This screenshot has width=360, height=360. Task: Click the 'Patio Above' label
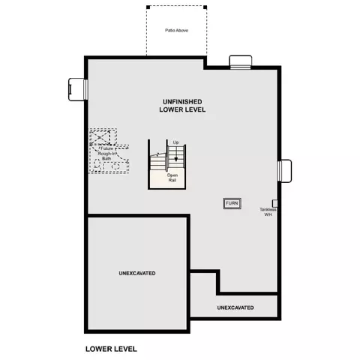(x=176, y=31)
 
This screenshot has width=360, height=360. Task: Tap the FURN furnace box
(x=232, y=203)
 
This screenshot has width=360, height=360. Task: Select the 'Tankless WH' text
(x=268, y=212)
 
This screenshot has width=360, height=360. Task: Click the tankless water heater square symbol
(x=274, y=203)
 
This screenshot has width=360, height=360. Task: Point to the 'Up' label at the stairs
(x=176, y=142)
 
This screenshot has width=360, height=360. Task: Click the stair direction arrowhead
(x=176, y=159)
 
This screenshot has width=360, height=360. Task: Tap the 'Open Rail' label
(x=172, y=178)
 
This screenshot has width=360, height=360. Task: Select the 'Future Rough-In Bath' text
(x=107, y=154)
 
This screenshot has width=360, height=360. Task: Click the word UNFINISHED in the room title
(x=182, y=102)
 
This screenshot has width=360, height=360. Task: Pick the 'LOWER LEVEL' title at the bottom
(x=111, y=349)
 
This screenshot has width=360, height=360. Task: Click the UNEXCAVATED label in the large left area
(x=137, y=273)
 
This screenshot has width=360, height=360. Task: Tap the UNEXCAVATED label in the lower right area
(x=235, y=307)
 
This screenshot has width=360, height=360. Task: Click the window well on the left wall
(x=78, y=89)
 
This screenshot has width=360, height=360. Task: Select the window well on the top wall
(x=241, y=61)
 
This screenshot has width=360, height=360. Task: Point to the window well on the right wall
(x=285, y=171)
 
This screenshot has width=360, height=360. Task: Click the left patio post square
(x=148, y=7)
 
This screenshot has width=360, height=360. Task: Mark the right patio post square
(x=205, y=7)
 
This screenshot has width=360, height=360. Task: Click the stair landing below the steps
(x=166, y=179)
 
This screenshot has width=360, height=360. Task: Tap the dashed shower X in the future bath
(x=100, y=137)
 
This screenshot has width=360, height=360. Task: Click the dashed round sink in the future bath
(x=115, y=166)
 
